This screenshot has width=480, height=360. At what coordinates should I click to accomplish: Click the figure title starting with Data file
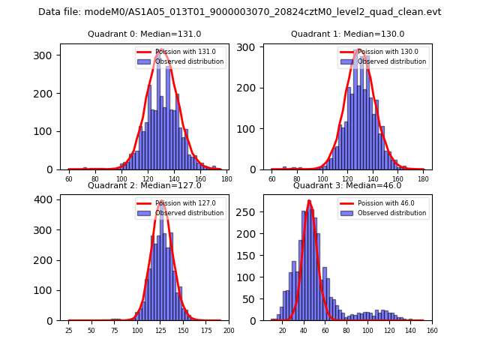[x=240, y=12]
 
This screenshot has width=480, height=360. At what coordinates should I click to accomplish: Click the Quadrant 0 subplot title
[x=145, y=34]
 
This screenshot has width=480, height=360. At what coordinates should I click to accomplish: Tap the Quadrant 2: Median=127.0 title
[x=145, y=185]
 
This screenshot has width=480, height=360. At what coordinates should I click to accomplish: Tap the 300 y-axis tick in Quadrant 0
[x=46, y=55]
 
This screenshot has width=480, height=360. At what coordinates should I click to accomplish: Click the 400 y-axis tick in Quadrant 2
[x=46, y=199]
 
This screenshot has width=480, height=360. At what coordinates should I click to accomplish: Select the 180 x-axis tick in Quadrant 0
[x=226, y=179]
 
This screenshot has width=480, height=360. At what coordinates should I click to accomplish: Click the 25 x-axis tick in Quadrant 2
[x=68, y=331]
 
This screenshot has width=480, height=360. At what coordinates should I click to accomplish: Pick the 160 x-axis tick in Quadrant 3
[x=432, y=331]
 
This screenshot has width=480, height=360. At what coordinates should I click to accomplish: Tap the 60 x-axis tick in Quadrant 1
[x=271, y=179]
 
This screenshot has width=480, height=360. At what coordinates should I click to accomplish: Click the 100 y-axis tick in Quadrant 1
[x=249, y=128]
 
